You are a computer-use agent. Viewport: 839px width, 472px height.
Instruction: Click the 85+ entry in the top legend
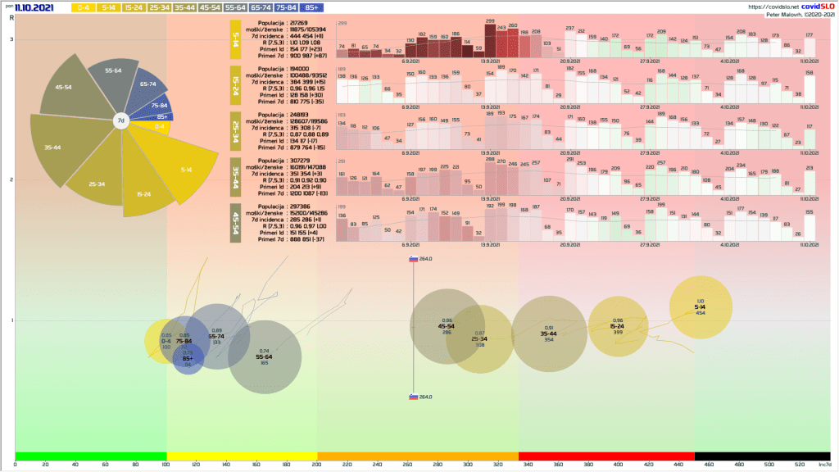point(311,7)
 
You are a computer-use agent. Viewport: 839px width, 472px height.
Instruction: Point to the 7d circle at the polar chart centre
point(120,120)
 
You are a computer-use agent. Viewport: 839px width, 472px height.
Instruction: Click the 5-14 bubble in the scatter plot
point(701,307)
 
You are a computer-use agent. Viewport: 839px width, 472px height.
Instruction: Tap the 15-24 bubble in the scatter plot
point(618,325)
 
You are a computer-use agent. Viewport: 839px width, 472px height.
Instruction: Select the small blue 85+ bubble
point(188,359)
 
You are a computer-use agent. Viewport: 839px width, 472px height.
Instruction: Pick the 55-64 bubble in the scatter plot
point(264,357)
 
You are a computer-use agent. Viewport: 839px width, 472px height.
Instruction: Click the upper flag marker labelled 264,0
point(414,259)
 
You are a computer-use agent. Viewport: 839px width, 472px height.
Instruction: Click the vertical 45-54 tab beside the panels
point(236,220)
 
